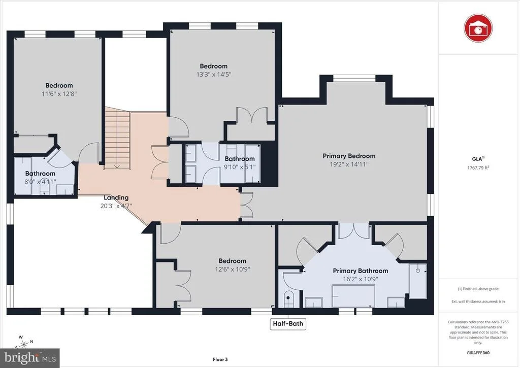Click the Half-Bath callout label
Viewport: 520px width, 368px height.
click(288, 323)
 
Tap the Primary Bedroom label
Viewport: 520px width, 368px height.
click(349, 156)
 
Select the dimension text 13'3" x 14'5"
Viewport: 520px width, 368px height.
click(214, 74)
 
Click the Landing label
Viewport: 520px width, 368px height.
click(116, 197)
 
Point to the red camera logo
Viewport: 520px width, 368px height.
click(478, 28)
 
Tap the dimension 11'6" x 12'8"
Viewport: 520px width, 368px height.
click(59, 93)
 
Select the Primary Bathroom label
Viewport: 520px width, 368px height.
click(361, 271)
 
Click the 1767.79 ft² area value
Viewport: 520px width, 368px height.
click(478, 168)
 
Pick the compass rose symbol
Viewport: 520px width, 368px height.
click(24, 343)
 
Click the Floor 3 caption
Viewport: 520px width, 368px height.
click(220, 359)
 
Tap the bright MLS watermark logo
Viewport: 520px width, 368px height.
click(30, 358)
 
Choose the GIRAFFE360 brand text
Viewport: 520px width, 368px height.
click(478, 353)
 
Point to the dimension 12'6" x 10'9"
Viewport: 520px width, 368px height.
click(232, 269)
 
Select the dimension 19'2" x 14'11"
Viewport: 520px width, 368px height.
click(349, 164)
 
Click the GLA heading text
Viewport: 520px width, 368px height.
click(478, 159)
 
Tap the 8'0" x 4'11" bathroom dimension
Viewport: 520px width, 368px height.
click(40, 182)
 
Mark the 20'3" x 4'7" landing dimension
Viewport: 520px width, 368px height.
click(116, 206)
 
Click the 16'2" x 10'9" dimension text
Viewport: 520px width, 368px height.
click(361, 279)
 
